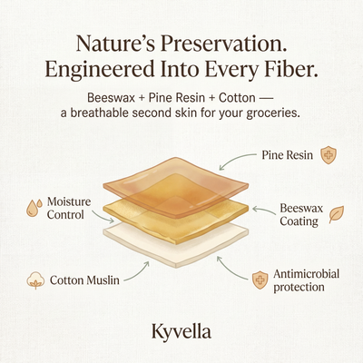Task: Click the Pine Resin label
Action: [289, 155]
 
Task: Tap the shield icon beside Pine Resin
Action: [328, 155]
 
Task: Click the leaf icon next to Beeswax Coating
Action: [336, 214]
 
